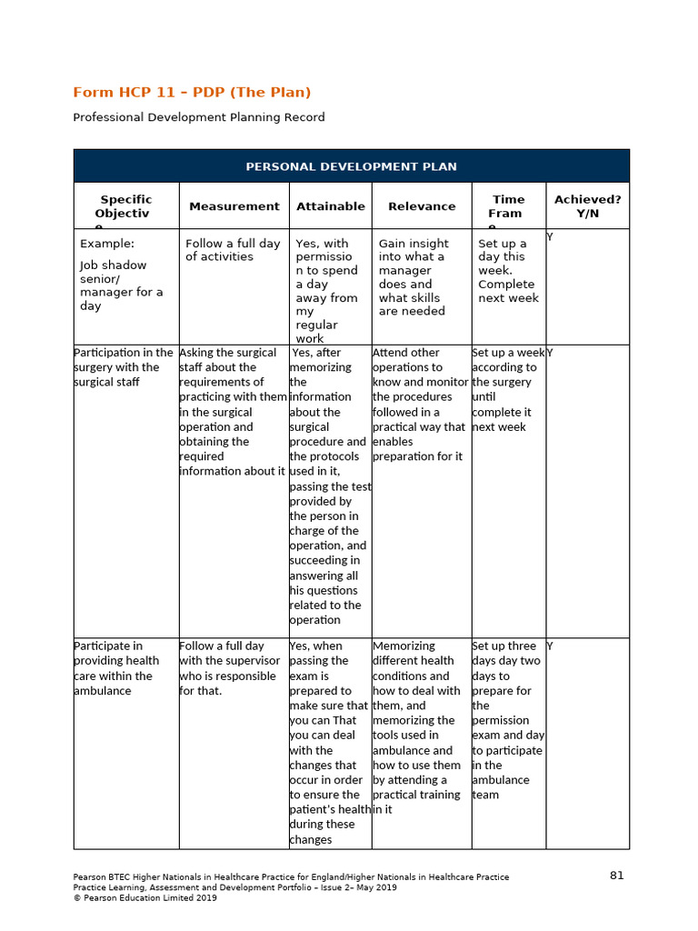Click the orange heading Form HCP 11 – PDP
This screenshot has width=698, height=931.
point(192,92)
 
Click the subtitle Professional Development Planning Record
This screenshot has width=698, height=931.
point(198,117)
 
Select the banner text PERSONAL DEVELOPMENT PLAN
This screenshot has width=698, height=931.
point(351,166)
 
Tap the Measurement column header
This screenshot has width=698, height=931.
point(234,206)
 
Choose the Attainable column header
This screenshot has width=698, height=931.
point(331,206)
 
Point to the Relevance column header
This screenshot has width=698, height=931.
point(422,206)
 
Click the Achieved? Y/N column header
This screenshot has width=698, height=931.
point(587,205)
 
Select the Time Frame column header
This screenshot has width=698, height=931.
point(507,207)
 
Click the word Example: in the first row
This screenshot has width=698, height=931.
point(107,244)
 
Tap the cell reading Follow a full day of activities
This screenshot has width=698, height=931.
point(233,250)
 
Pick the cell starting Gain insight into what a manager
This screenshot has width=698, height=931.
point(414,277)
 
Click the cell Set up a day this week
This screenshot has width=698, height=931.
point(508,270)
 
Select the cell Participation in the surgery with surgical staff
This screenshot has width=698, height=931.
point(124,367)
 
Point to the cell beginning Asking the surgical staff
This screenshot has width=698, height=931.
point(233,412)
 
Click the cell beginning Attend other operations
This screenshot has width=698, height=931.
point(419,405)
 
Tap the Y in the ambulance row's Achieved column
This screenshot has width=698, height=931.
point(550,646)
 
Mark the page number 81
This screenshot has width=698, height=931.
point(617,876)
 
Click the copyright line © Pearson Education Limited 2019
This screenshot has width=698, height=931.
point(145,898)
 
